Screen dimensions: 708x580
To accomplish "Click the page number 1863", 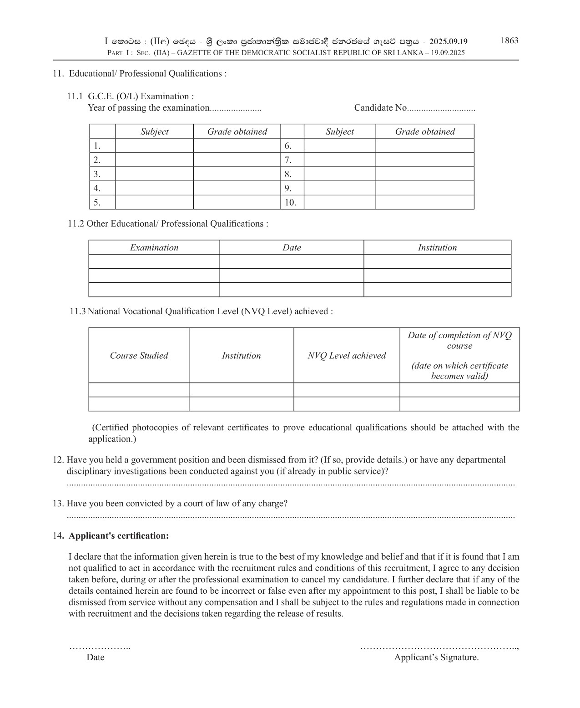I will pyautogui.click(x=509, y=41).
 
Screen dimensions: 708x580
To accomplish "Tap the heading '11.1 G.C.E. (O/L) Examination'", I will pyautogui.click(x=131, y=97).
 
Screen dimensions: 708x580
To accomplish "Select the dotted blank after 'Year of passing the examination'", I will pyautogui.click(x=236, y=108).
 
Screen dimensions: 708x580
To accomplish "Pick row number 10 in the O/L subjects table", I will pyautogui.click(x=291, y=203).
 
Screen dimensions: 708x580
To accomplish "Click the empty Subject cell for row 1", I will pyautogui.click(x=154, y=146).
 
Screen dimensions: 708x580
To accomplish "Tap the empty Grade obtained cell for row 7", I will pyautogui.click(x=424, y=160).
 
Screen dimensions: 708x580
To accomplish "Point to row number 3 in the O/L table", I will pyautogui.click(x=97, y=174).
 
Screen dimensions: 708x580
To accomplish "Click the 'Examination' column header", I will pyautogui.click(x=154, y=248).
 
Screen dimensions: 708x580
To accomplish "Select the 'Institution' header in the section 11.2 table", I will pyautogui.click(x=437, y=248).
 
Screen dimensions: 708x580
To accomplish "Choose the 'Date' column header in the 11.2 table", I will pyautogui.click(x=292, y=248).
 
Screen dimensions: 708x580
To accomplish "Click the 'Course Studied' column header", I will pyautogui.click(x=139, y=356).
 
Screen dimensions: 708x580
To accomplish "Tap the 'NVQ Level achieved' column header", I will pyautogui.click(x=347, y=356).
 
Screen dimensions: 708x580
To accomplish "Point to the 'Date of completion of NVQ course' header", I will pyautogui.click(x=459, y=341).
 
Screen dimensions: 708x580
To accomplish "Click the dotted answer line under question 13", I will pyautogui.click(x=291, y=517).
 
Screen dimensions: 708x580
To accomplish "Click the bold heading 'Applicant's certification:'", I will pyautogui.click(x=118, y=536).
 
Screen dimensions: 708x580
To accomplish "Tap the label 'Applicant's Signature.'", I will pyautogui.click(x=436, y=657).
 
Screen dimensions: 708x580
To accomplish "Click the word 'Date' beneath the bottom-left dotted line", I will pyautogui.click(x=96, y=657).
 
